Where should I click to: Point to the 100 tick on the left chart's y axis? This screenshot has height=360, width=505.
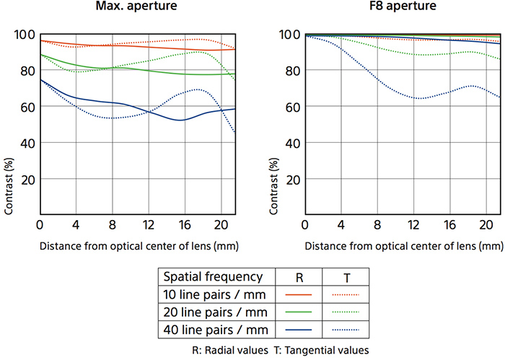tap(25, 35)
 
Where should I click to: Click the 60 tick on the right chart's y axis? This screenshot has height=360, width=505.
tap(291, 107)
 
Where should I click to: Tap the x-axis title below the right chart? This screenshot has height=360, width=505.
tap(403, 245)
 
